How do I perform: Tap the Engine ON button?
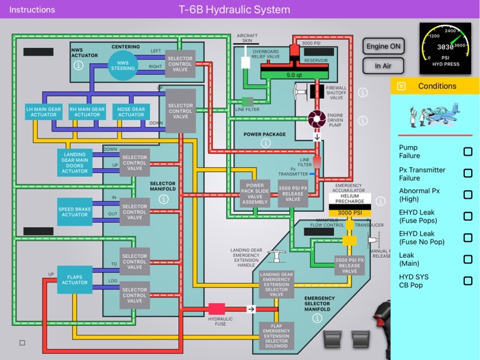[x=383, y=47]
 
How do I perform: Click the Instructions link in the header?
[x=32, y=10]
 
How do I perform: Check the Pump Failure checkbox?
[x=468, y=152]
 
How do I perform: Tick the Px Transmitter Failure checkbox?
[x=468, y=173]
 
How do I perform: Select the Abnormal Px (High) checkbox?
[x=468, y=195]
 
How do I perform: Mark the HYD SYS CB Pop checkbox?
[x=468, y=280]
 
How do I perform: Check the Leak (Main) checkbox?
[x=468, y=259]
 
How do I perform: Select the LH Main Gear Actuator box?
[x=44, y=112]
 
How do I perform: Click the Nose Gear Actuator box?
[x=131, y=112]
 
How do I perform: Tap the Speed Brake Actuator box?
[x=75, y=211]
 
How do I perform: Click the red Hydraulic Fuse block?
[x=217, y=309]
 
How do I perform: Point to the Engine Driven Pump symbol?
[x=317, y=119]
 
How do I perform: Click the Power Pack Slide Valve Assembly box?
[x=254, y=194]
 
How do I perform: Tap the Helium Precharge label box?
[x=350, y=200]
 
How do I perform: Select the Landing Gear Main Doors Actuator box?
[x=75, y=162]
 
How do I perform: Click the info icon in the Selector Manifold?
[x=163, y=199]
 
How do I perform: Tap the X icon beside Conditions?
[x=401, y=86]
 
